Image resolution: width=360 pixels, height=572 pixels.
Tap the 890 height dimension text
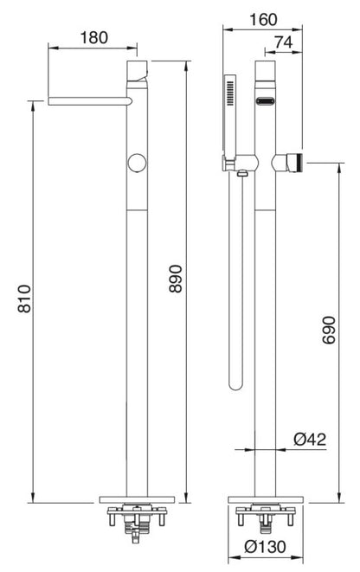(x=176, y=279)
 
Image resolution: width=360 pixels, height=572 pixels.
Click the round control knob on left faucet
(x=136, y=163)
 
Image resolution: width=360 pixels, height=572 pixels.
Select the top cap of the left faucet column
(x=138, y=69)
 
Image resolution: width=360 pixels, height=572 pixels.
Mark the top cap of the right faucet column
(x=266, y=69)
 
